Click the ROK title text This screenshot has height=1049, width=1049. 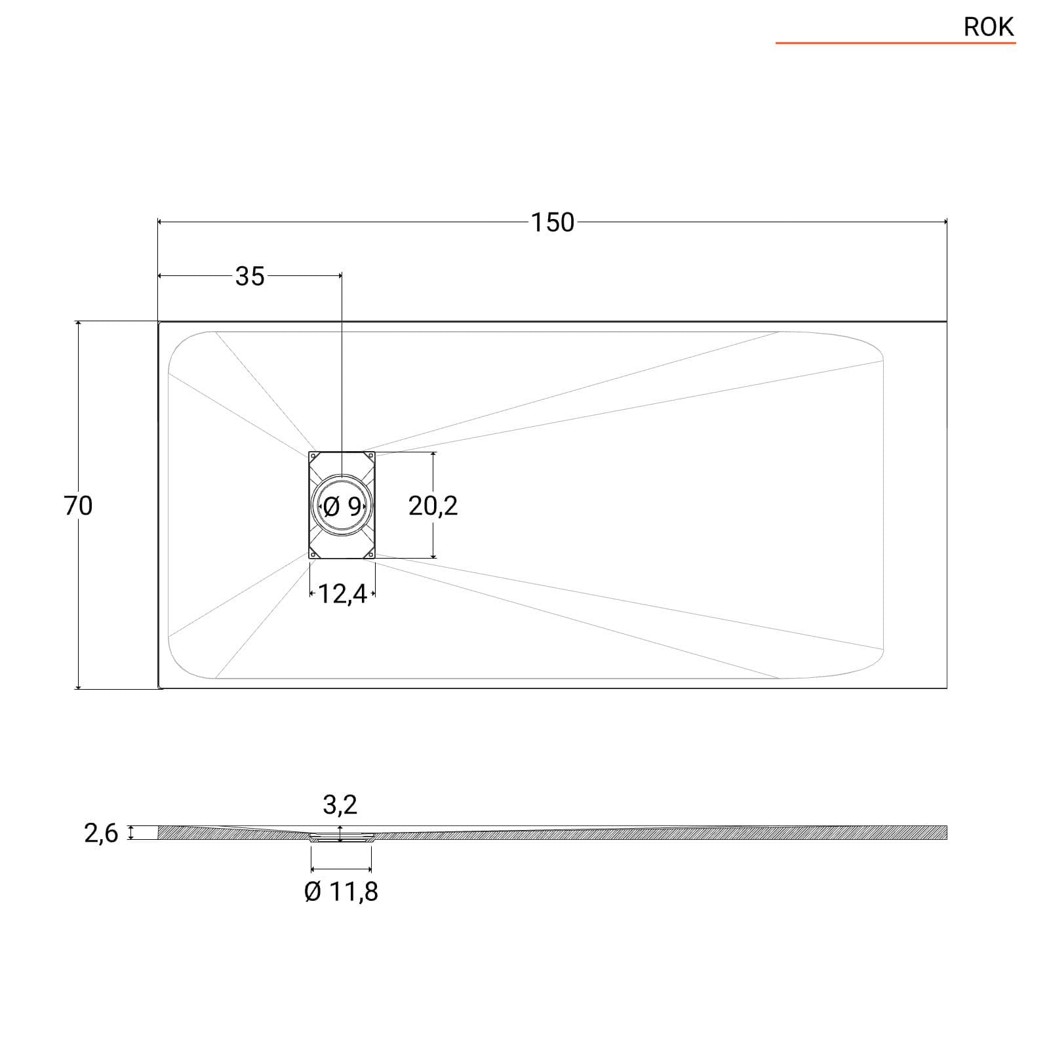click(x=989, y=27)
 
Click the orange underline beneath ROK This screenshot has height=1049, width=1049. click(x=896, y=43)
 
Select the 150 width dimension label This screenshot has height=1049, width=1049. click(x=552, y=223)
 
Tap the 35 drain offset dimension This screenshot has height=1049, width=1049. click(x=250, y=277)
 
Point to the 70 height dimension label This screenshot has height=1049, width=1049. click(x=78, y=506)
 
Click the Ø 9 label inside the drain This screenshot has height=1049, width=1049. click(x=342, y=506)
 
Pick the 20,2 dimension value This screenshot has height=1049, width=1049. click(x=433, y=506)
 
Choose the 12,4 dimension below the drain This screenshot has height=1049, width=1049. click(x=342, y=595)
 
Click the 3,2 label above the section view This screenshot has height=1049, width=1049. click(x=340, y=804)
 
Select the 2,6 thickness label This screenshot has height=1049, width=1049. click(x=101, y=834)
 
